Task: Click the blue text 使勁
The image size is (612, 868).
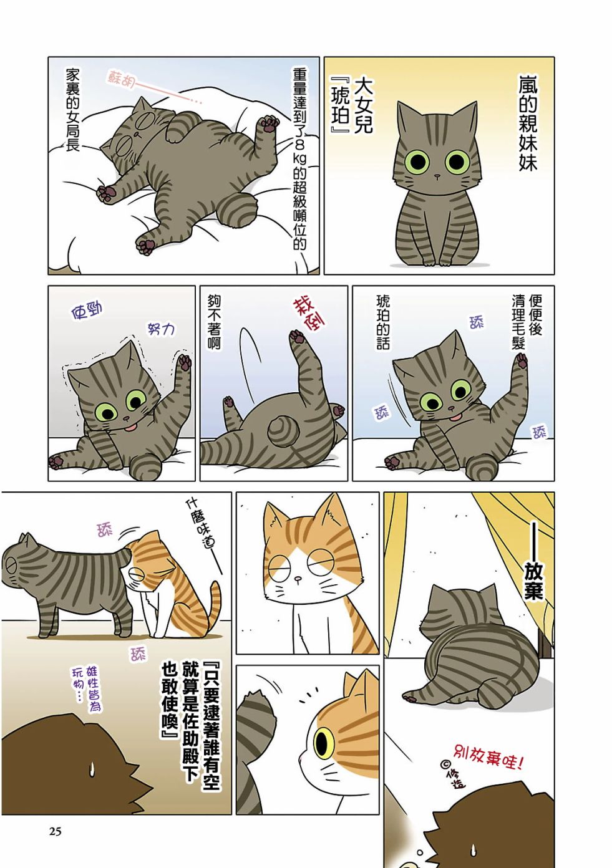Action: [x=87, y=312]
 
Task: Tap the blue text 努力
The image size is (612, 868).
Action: [x=161, y=330]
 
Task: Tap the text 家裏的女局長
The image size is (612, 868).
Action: [x=72, y=110]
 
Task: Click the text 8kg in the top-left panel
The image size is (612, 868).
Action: [x=299, y=153]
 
